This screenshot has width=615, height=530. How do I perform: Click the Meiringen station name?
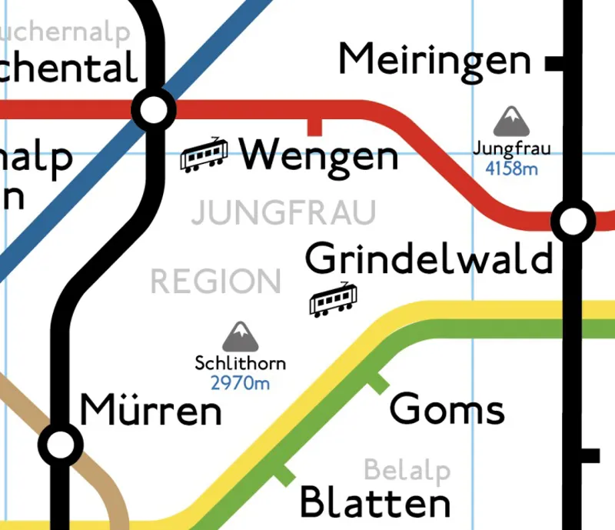tap(434, 60)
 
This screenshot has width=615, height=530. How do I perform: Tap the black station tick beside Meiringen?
tap(553, 64)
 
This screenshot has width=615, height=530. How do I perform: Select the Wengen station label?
tap(319, 156)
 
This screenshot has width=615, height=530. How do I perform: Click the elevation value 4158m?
tap(511, 167)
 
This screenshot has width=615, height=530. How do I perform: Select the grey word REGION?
tap(215, 282)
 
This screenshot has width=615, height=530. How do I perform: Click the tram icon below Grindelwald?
tap(334, 299)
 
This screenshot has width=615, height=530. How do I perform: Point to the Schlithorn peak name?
tap(240, 364)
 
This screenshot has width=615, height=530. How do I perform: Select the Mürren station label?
tap(151, 411)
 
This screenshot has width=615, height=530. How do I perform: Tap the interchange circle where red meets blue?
tap(155, 110)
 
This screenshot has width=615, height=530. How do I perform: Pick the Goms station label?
tap(447, 408)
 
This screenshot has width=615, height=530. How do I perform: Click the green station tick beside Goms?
tap(376, 382)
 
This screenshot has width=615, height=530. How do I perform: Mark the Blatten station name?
tap(374, 503)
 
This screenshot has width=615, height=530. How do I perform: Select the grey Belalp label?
tap(407, 469)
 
